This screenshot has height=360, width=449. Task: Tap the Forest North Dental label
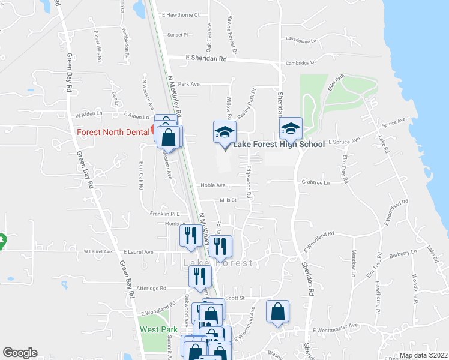pyautogui.click(x=112, y=132)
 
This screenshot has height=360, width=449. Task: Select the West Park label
pyautogui.click(x=158, y=329)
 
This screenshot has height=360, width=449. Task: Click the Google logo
pyautogui.click(x=20, y=353)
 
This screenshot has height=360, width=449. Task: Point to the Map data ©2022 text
pyautogui.click(x=423, y=355)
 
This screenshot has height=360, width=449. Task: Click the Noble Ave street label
pyautogui.click(x=212, y=185)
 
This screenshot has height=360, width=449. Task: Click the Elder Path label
pyautogui.click(x=336, y=83)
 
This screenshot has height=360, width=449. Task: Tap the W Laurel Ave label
pyautogui.click(x=98, y=251)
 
